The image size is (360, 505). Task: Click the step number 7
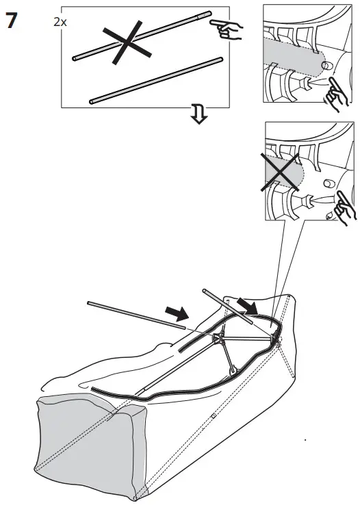pos(12,20)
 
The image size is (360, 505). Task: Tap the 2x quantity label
pos(60,22)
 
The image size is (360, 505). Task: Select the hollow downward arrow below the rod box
pos(198,117)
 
